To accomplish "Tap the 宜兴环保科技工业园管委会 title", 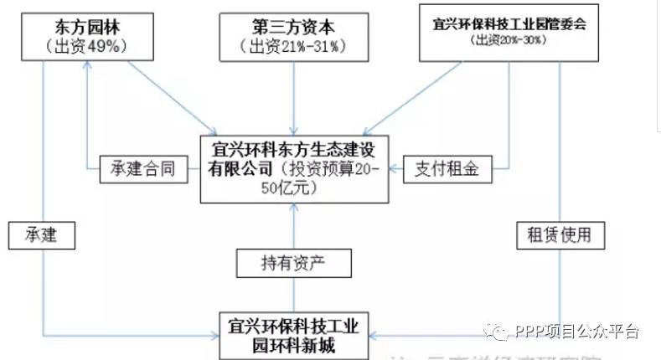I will point(504,23).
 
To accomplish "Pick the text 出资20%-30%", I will point(504,39).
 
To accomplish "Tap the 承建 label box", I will point(35,235).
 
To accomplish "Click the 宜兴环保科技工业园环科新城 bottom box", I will point(292,335).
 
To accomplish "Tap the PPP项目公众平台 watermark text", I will point(577,332).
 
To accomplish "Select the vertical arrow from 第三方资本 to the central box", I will point(293,96).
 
